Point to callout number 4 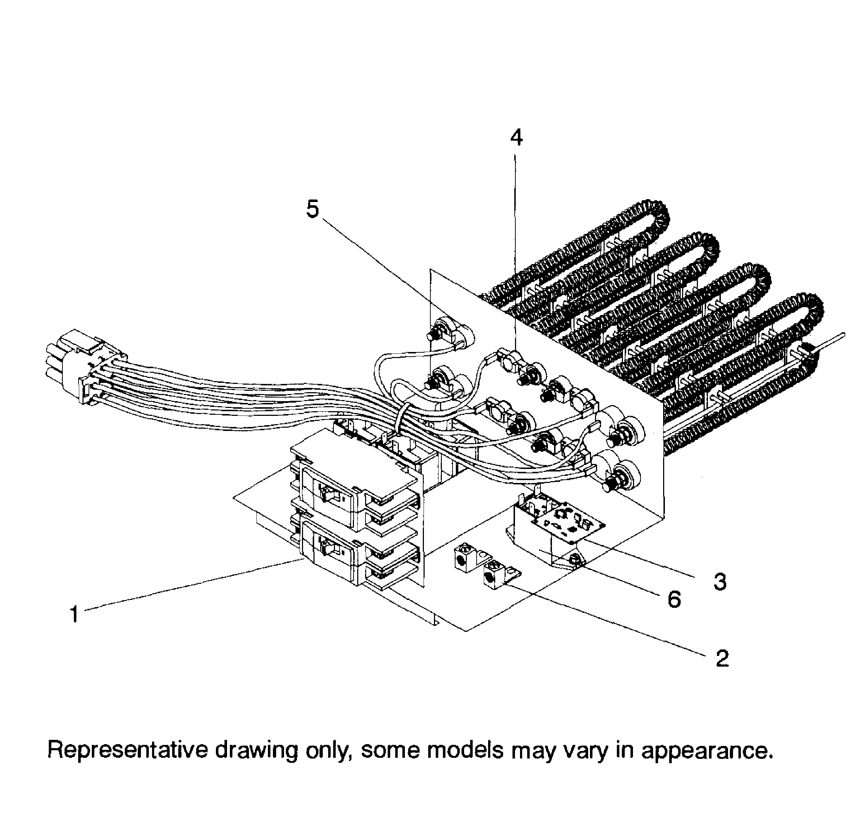(516, 138)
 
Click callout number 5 (312, 209)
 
